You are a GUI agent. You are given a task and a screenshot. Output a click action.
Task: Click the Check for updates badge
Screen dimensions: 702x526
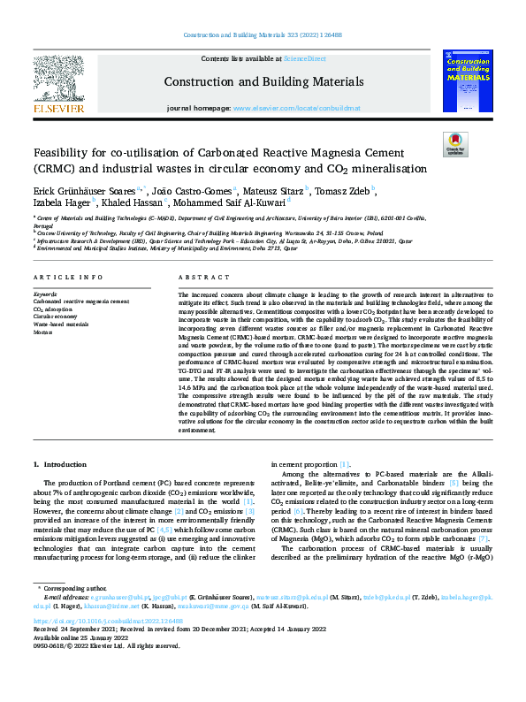click(454, 144)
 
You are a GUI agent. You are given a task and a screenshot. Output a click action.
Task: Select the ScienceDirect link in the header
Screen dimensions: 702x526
click(304, 57)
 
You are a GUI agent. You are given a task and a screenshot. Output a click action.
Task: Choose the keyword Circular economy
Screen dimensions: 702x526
click(56, 317)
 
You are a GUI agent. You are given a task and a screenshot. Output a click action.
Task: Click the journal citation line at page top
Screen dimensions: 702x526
click(263, 34)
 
